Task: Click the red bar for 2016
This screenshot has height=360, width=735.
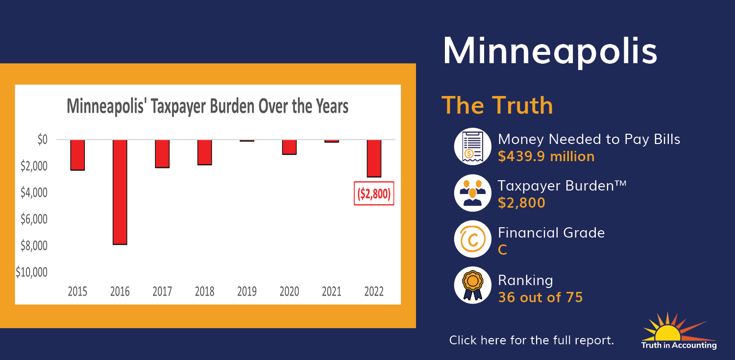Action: coord(120,192)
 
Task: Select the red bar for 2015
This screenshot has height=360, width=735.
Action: coord(77,155)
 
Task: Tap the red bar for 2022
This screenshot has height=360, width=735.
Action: coord(374,158)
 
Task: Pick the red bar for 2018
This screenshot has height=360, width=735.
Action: coord(205,152)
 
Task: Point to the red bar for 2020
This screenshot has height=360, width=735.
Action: coord(290,147)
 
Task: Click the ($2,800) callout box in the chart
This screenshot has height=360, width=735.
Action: coord(374,193)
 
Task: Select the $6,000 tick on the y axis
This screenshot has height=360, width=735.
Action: coord(34,219)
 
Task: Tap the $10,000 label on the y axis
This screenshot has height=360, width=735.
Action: coord(31,272)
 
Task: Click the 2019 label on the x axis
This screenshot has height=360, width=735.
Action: coord(247,291)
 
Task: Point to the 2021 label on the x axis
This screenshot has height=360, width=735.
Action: coord(332,291)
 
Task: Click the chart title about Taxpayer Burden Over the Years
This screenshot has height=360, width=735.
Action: coord(207,106)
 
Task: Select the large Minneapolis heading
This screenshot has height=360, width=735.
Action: coord(550,51)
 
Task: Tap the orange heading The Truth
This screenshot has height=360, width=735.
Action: coord(497,105)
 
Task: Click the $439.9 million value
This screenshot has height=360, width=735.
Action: coord(546,156)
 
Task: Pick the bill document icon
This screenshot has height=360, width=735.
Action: coord(472,146)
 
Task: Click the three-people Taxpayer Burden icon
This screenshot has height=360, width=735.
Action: coord(472,193)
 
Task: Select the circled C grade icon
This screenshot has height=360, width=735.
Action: coord(472,239)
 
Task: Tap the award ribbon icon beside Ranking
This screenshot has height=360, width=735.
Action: coord(472,285)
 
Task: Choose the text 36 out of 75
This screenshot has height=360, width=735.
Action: coord(540,297)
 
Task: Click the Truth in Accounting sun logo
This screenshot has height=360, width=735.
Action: coord(679,331)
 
